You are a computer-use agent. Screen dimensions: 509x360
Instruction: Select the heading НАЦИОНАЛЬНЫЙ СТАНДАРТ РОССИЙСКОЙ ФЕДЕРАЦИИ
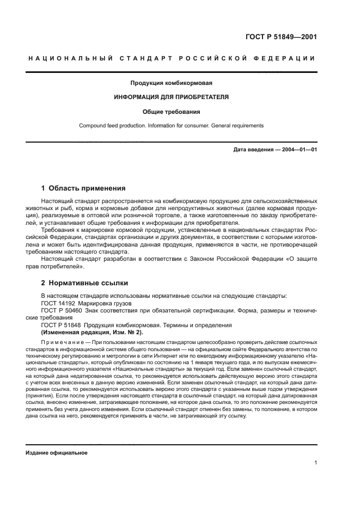tap(171, 59)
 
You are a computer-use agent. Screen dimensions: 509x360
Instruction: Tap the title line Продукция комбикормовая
tap(171, 83)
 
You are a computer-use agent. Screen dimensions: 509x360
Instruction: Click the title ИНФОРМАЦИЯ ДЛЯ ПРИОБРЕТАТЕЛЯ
tap(171, 97)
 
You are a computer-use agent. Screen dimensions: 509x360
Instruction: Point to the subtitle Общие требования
tap(171, 112)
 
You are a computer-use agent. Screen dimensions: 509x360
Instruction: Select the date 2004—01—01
tap(299, 149)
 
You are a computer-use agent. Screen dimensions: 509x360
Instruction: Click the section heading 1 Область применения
tap(83, 188)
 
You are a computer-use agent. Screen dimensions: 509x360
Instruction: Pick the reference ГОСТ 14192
tap(59, 303)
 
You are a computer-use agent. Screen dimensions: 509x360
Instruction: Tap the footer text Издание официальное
tap(57, 452)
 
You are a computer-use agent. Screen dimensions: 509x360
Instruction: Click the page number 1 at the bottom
tap(315, 463)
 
